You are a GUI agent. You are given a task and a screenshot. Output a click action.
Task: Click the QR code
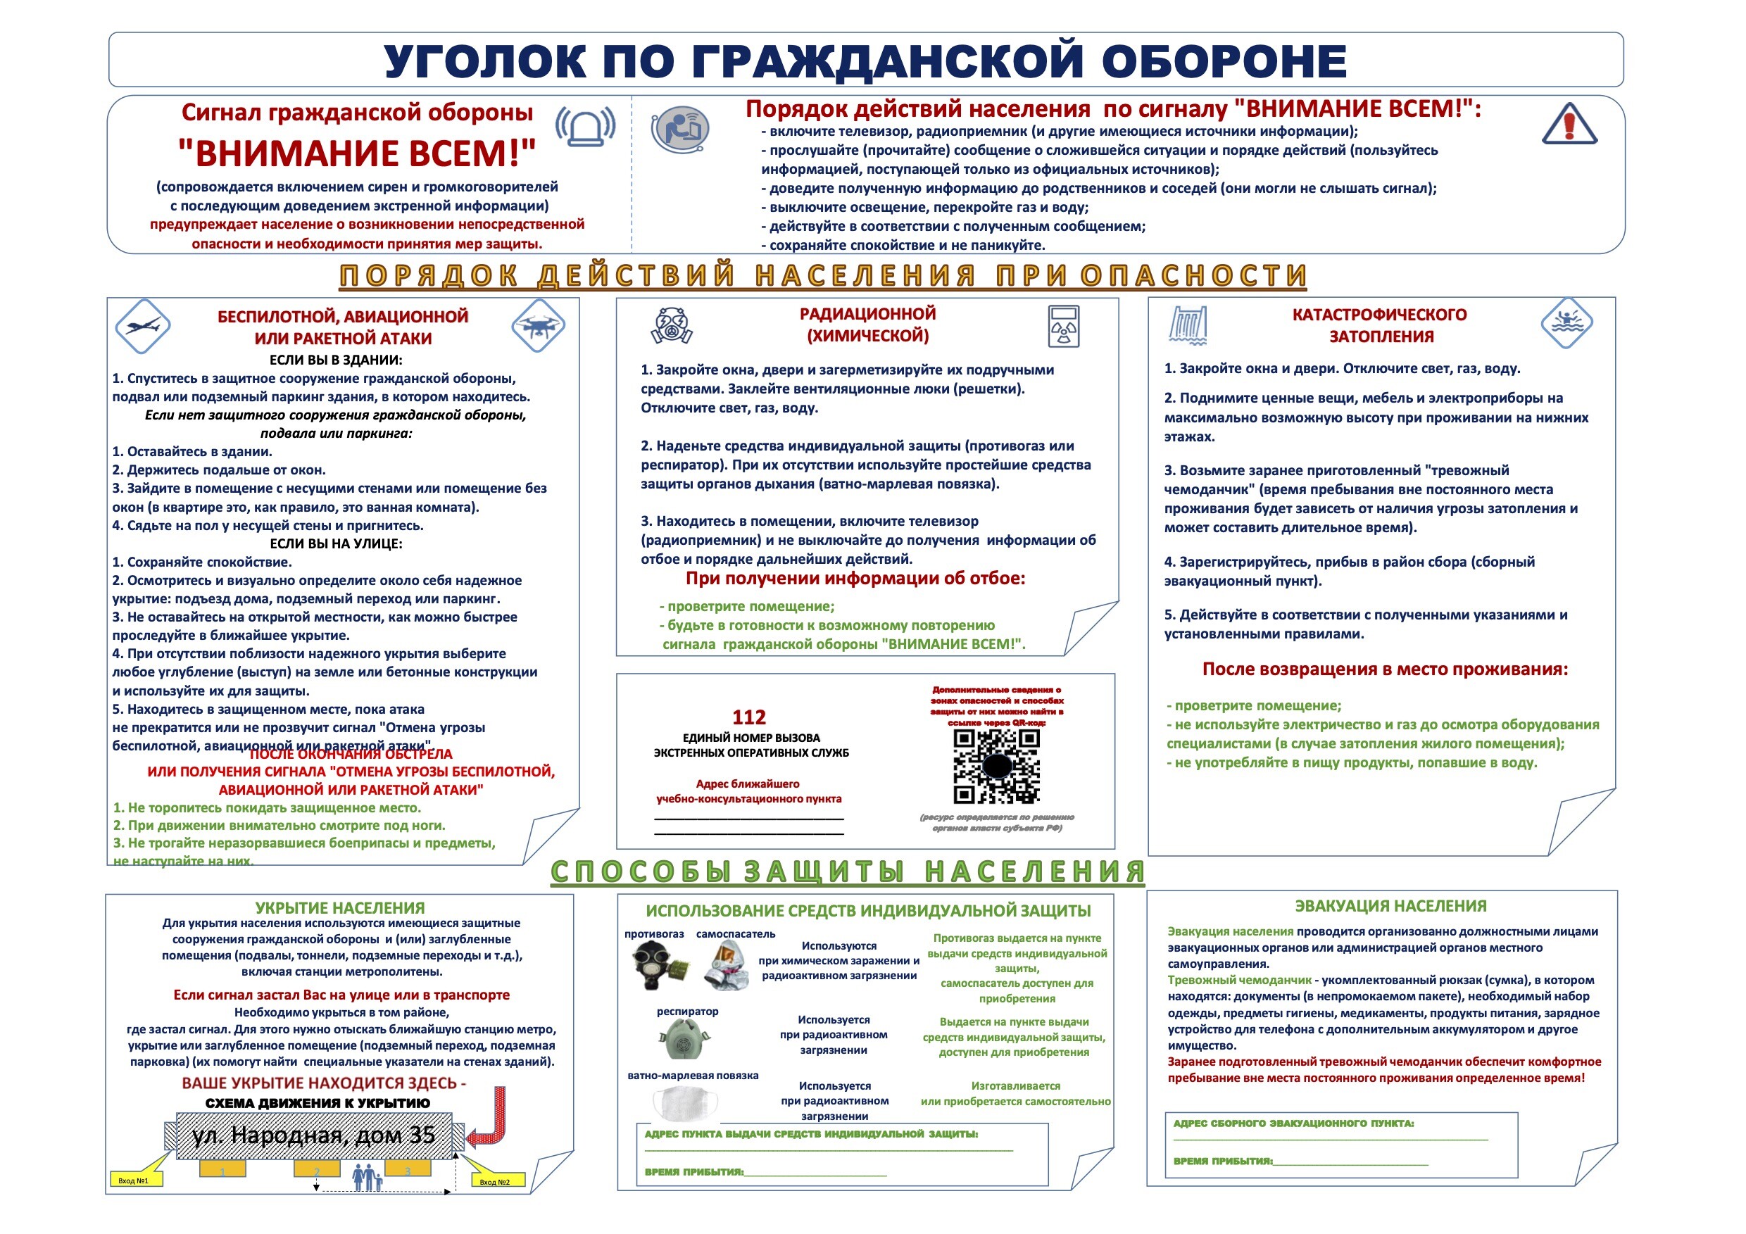996,766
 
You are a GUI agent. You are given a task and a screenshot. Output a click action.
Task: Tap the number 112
748,717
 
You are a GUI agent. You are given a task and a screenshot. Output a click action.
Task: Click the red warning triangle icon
1569,125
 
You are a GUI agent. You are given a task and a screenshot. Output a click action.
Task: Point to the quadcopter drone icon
539,326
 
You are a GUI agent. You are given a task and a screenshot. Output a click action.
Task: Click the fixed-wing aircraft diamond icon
143,326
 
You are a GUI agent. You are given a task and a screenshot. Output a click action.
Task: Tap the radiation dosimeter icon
1063,326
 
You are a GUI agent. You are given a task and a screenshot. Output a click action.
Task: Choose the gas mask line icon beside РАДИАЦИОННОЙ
672,325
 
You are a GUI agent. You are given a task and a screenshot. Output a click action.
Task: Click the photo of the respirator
684,1039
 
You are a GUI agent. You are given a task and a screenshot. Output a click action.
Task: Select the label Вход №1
134,1181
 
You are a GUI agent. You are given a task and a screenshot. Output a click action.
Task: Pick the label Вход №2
494,1181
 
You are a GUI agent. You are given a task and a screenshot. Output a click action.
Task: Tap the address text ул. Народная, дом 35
313,1135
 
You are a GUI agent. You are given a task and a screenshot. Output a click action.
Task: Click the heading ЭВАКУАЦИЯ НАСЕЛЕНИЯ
1390,905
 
